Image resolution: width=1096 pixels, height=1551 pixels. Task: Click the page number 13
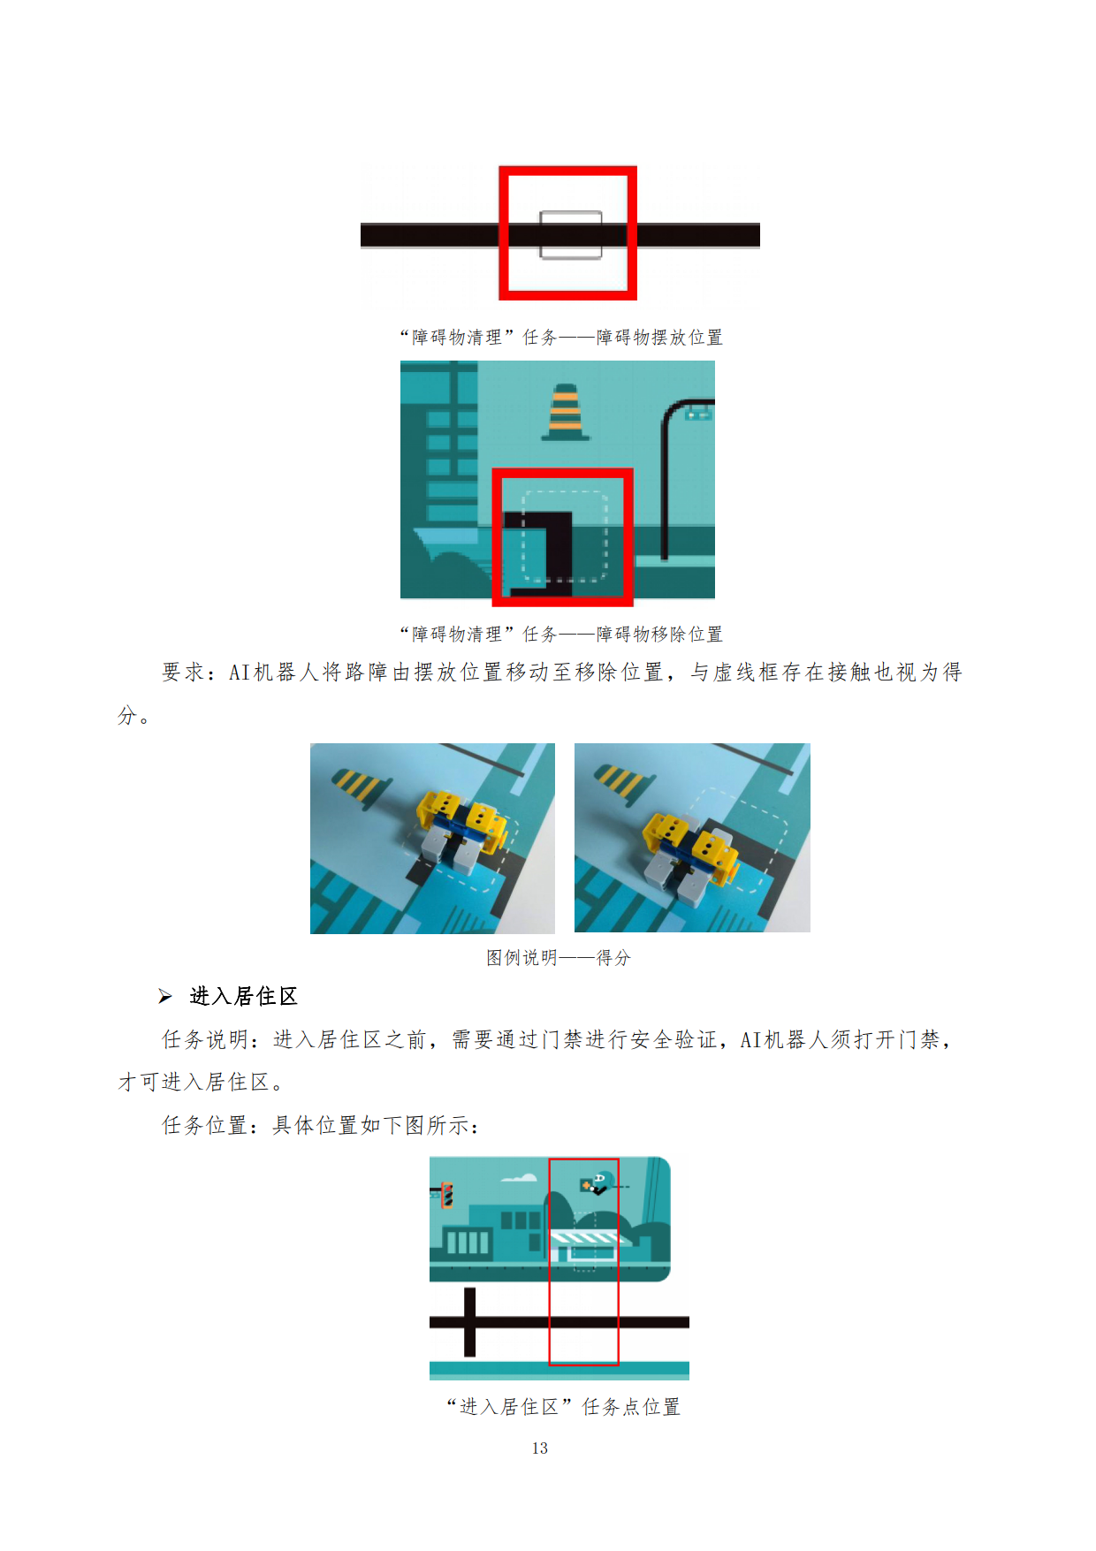(539, 1448)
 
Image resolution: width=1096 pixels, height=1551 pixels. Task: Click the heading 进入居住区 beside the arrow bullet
(244, 996)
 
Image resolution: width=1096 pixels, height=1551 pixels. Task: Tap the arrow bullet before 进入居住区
(165, 997)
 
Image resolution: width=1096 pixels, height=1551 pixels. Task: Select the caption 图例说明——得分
(559, 957)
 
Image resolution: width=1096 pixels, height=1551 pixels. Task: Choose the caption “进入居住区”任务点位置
(563, 1406)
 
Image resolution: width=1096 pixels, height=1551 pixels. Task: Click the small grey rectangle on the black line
(571, 235)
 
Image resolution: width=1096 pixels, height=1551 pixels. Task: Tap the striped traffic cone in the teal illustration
(566, 412)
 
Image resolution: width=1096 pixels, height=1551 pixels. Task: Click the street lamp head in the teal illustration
(699, 412)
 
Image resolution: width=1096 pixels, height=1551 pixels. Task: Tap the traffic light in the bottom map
(447, 1195)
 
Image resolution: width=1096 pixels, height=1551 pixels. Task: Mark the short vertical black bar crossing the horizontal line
(469, 1322)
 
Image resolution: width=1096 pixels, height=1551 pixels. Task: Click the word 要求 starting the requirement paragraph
(184, 673)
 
